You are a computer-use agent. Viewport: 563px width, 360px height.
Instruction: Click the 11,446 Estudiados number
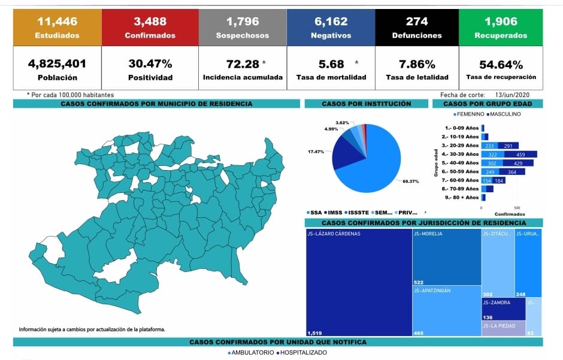coord(57,22)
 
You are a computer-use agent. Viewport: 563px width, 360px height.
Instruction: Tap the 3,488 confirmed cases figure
coord(150,22)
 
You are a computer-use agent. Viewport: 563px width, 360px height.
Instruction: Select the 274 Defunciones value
coord(417,22)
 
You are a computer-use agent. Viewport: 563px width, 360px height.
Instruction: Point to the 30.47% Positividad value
coord(150,63)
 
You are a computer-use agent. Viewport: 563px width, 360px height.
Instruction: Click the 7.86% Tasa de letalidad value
coord(417,63)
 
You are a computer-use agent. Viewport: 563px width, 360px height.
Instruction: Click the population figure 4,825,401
coord(57,63)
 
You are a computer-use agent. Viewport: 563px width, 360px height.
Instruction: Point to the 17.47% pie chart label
coord(316,152)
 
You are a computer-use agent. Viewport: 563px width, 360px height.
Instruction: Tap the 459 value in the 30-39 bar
coord(529,154)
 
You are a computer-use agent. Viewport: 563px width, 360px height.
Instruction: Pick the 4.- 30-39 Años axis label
coord(461,154)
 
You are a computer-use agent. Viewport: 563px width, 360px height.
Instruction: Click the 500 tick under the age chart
coord(517,208)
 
